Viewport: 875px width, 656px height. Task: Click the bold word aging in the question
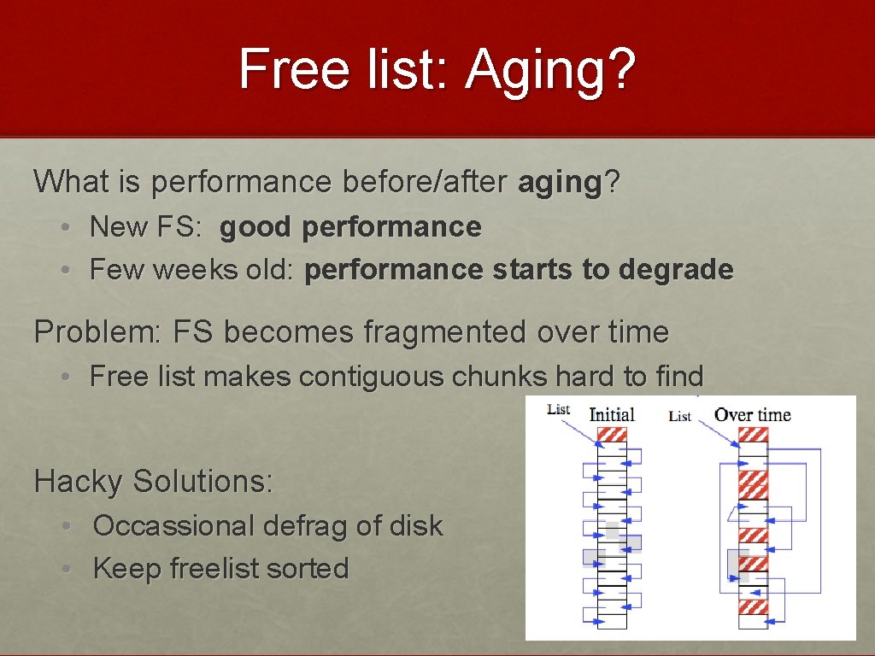[561, 181]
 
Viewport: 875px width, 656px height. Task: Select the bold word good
[255, 227]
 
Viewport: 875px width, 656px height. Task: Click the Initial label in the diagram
[612, 415]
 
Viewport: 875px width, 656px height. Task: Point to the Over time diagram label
[753, 415]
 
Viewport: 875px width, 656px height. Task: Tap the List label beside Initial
[558, 409]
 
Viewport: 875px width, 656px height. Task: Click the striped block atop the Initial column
[612, 435]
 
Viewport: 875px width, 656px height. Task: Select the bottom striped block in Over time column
[753, 607]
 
